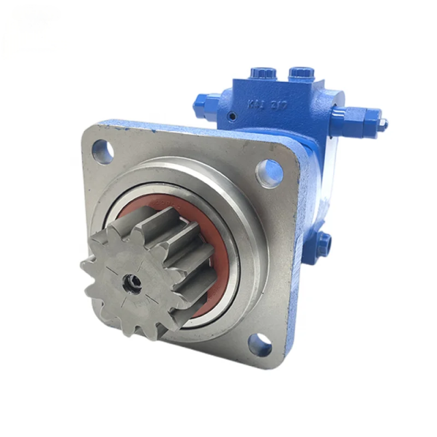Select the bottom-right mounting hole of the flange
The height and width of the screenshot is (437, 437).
click(259, 345)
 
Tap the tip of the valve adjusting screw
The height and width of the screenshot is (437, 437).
click(384, 124)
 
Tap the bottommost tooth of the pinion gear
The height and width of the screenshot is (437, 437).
click(141, 333)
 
